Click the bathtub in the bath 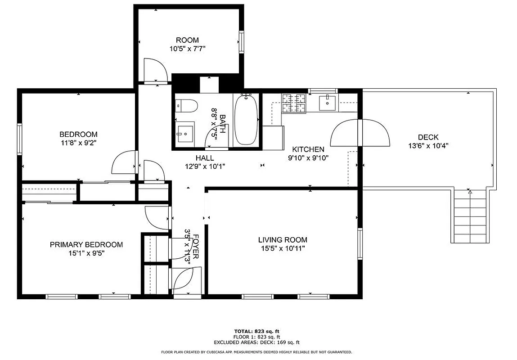(x=246, y=119)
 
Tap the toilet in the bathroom (x=187, y=106)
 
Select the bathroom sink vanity (x=185, y=132)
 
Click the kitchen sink (x=327, y=102)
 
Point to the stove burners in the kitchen (x=294, y=103)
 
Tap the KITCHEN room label (x=308, y=149)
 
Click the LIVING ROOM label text (x=283, y=240)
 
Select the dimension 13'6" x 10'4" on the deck (x=428, y=146)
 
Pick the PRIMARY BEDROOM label (x=86, y=245)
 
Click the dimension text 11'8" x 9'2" (x=78, y=143)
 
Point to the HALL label (x=205, y=158)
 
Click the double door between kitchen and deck (x=360, y=133)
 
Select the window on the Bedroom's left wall (x=20, y=139)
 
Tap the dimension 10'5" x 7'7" (x=187, y=49)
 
